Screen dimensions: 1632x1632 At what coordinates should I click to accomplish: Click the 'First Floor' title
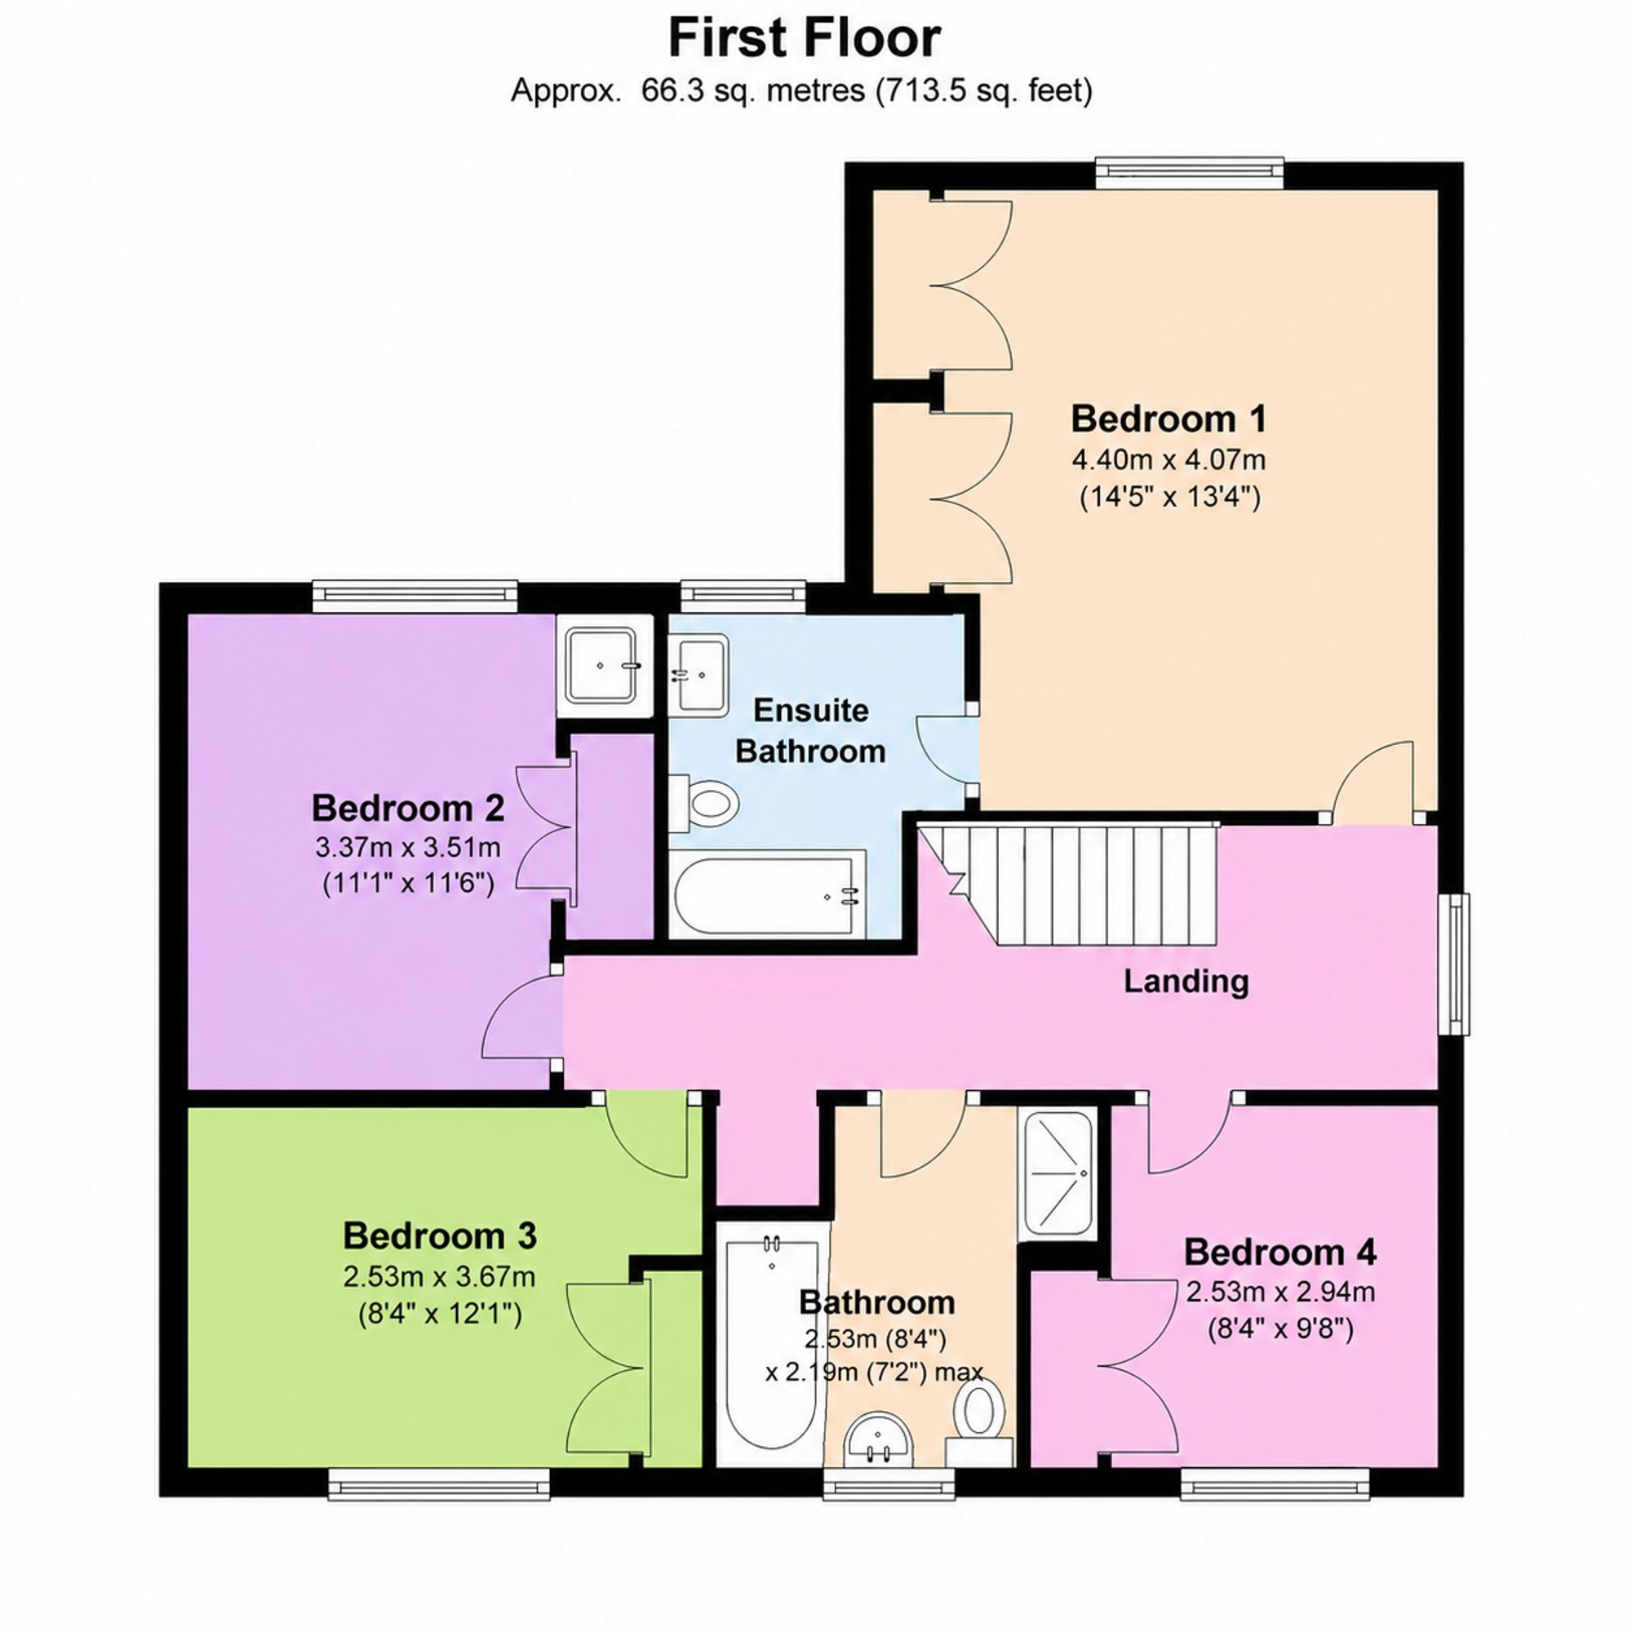pos(805,39)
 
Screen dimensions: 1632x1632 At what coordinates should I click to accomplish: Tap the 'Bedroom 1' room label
pos(1169,418)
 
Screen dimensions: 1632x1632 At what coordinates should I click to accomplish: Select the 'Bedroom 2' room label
pos(408,808)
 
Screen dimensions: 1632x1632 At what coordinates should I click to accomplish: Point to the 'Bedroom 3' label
pos(439,1235)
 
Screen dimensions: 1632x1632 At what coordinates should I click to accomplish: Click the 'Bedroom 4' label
pos(1279,1252)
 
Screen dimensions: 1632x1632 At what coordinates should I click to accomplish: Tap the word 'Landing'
pos(1186,981)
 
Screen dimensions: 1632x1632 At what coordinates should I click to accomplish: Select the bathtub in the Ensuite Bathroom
pos(769,894)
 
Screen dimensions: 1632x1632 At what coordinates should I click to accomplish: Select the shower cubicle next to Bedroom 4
pos(1058,1174)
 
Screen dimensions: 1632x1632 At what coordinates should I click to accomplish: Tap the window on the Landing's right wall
pos(1455,964)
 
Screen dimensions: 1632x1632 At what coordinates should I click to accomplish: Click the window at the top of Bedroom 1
pos(1190,172)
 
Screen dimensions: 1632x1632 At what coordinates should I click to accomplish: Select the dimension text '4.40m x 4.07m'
pos(1169,460)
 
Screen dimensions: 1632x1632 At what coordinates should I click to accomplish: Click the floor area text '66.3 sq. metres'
pos(754,91)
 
